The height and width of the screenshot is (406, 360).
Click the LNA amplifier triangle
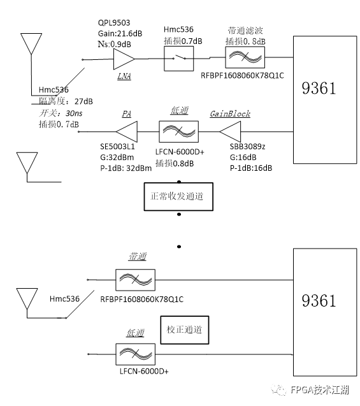coord(123,61)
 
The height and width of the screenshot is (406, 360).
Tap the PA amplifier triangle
coord(128,133)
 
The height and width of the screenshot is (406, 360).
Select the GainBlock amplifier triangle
coord(230,133)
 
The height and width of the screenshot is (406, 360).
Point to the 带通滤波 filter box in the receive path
coord(245,59)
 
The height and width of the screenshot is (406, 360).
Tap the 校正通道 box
coord(185,330)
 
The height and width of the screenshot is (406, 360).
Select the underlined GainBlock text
coord(230,114)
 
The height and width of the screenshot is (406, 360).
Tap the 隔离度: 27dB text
coord(65,101)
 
